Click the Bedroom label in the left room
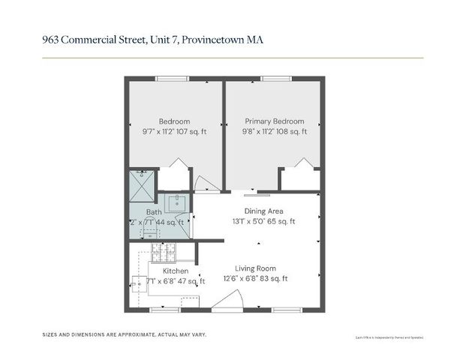(x=174, y=121)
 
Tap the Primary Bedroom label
(x=274, y=121)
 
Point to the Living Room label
(x=255, y=268)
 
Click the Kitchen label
(x=176, y=271)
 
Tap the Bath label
(x=153, y=211)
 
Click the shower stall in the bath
(x=142, y=183)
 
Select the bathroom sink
(x=176, y=202)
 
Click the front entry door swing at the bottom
(x=225, y=301)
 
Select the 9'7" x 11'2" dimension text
(x=158, y=131)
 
